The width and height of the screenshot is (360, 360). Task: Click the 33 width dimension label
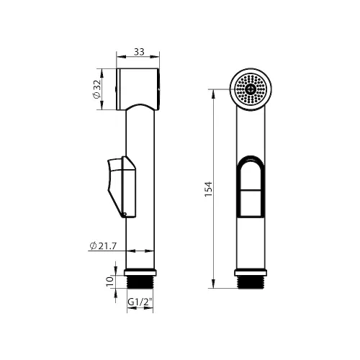(x=139, y=52)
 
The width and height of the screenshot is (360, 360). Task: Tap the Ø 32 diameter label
(x=96, y=89)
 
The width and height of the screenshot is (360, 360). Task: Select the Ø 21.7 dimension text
(x=103, y=246)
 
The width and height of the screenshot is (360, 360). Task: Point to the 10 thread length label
(x=109, y=282)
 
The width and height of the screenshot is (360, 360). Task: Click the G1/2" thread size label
(x=140, y=302)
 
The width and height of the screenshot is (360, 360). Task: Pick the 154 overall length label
(x=208, y=189)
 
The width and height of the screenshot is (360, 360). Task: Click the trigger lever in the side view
(x=122, y=186)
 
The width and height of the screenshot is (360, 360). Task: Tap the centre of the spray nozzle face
(x=251, y=89)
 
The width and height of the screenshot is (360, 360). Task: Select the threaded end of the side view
(x=140, y=282)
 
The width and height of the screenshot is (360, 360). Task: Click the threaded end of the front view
(x=251, y=282)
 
